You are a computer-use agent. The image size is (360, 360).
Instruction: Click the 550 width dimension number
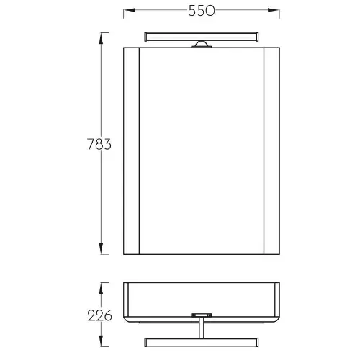pos(202,11)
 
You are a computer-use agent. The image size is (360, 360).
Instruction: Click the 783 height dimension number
pos(99,144)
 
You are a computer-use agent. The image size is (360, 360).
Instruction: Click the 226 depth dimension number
pos(100,315)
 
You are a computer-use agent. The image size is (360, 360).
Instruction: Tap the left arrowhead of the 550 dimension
pos(129,10)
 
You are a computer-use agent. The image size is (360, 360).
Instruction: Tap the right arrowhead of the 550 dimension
pos(274,10)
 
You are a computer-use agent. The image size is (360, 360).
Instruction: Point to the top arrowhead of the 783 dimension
pos(101,38)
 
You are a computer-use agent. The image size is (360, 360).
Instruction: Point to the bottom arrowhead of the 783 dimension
pos(101,248)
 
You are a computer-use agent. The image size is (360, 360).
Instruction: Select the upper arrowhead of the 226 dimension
pos(101,288)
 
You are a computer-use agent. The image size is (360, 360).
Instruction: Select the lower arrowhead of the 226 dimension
pos(101,341)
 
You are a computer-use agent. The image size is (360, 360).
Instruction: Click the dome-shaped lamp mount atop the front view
pos(202,44)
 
